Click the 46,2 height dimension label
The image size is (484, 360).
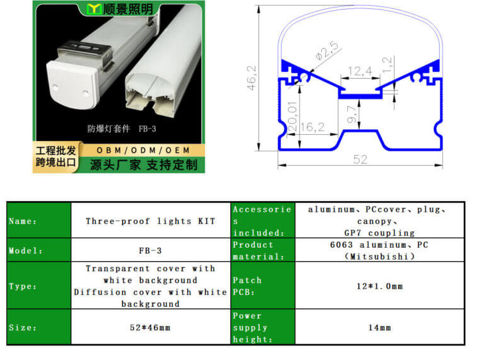click(x=251, y=78)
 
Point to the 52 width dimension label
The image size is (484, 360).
click(x=360, y=160)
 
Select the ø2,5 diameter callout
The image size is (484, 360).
click(x=327, y=50)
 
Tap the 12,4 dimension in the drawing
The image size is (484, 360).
click(x=360, y=71)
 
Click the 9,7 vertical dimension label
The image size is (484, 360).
click(x=352, y=114)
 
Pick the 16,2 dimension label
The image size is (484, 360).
click(x=313, y=127)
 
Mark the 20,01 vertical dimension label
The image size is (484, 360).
click(x=292, y=116)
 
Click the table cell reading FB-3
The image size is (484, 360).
click(x=151, y=250)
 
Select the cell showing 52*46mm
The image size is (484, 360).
click(x=151, y=327)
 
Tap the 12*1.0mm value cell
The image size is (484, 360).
click(x=379, y=286)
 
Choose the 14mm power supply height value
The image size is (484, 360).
click(x=379, y=327)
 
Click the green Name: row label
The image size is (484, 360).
click(x=39, y=221)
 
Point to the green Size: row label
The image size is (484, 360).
click(x=39, y=327)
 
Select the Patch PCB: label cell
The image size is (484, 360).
click(x=263, y=286)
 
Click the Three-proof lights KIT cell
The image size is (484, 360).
click(x=151, y=221)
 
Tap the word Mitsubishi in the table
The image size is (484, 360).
click(x=379, y=257)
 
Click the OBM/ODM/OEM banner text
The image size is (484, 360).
click(x=143, y=150)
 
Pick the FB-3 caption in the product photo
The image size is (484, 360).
click(x=147, y=129)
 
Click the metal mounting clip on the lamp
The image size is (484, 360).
click(x=84, y=54)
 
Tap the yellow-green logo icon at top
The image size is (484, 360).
click(x=94, y=9)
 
